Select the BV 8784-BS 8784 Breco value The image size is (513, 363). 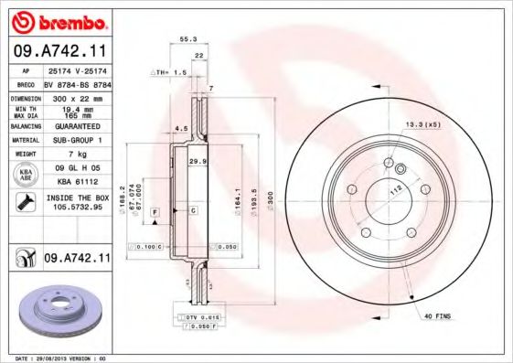pos(76,82)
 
